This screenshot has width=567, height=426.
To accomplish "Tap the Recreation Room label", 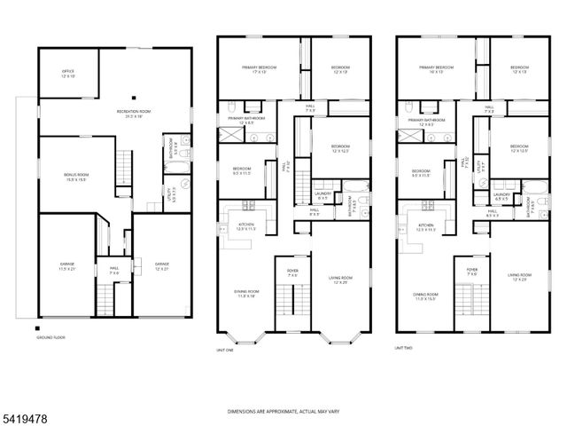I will pyautogui.click(x=135, y=113).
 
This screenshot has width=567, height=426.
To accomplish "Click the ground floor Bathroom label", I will pyautogui.click(x=175, y=146).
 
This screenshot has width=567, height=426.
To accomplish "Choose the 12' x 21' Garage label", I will pyautogui.click(x=161, y=264).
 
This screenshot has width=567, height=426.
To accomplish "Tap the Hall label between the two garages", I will pyautogui.click(x=114, y=270).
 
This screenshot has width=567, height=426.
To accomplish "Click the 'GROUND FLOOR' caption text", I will pyautogui.click(x=50, y=338).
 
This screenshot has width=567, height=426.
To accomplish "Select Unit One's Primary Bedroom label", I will pyautogui.click(x=260, y=70).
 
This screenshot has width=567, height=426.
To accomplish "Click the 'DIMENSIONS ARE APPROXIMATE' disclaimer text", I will pyautogui.click(x=283, y=411).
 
